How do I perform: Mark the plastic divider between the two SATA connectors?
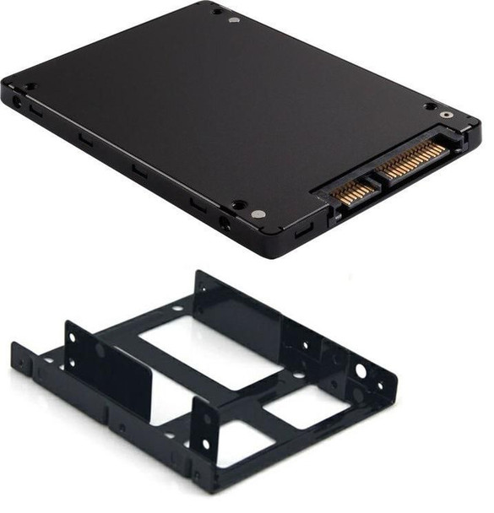[372, 179]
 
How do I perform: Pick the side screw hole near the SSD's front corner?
[224, 224]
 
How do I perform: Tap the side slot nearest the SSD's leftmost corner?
[36, 110]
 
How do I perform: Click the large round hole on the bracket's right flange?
[361, 371]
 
